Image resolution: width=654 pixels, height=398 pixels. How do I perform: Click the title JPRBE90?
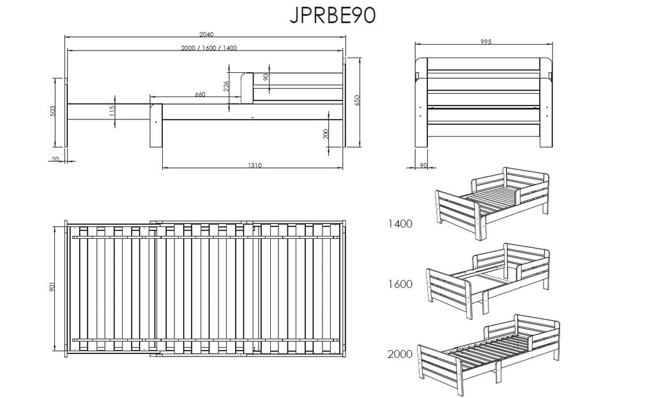[x=332, y=15]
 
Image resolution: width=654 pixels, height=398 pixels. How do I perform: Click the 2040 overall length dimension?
[x=206, y=34]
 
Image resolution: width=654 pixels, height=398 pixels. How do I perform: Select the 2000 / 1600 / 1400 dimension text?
[x=209, y=48]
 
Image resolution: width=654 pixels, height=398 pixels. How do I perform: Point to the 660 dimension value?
[x=200, y=95]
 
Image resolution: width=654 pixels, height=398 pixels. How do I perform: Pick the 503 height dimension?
[x=52, y=111]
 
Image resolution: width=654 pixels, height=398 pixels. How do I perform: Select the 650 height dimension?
[x=357, y=100]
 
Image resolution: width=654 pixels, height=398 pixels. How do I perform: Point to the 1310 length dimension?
[x=255, y=165]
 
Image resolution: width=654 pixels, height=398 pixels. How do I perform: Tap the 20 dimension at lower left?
[x=56, y=159]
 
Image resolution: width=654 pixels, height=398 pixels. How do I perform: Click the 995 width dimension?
[x=486, y=42]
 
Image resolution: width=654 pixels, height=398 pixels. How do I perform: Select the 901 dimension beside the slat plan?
[x=52, y=287]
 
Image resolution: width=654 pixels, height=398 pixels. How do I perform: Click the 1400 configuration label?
[x=400, y=224]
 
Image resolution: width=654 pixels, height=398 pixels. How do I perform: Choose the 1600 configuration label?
[x=400, y=284]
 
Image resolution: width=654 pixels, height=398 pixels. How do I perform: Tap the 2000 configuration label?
[x=400, y=354]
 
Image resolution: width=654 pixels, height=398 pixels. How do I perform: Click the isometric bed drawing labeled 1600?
[x=488, y=280]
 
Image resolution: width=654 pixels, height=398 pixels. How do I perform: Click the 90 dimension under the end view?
[x=423, y=165]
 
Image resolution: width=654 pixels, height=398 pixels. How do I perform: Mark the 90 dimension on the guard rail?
[x=266, y=77]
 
